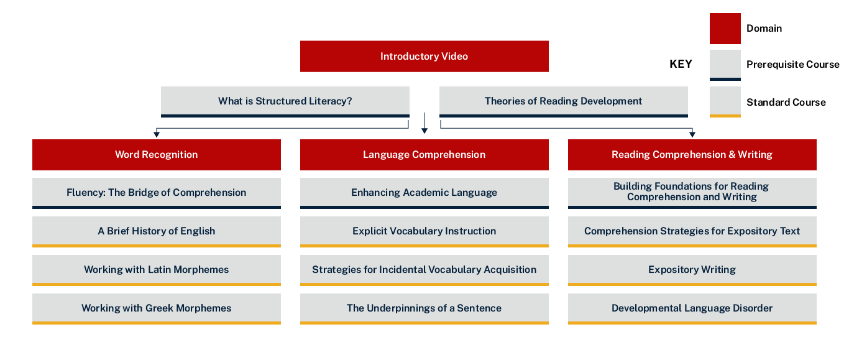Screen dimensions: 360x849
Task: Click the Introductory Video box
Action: [424, 57]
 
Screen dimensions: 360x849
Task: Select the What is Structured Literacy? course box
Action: [285, 101]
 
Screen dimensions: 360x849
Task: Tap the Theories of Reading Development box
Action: [563, 101]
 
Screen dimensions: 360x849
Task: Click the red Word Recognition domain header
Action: [156, 155]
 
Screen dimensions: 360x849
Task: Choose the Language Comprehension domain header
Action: [424, 155]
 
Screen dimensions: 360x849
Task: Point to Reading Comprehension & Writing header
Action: [692, 155]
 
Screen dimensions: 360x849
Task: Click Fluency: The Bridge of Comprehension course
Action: [156, 192]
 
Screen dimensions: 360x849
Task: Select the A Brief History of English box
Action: [156, 231]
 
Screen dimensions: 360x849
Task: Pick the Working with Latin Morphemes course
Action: [156, 269]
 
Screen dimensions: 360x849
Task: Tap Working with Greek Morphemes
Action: [156, 308]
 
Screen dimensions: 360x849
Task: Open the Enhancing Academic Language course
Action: [424, 192]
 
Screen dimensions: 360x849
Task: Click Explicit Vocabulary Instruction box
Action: [424, 231]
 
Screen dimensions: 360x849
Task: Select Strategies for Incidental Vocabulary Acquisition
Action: [424, 269]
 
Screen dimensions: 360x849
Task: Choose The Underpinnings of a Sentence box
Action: [424, 308]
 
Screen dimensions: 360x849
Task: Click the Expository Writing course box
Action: [692, 269]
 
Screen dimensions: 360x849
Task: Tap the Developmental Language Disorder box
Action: [692, 308]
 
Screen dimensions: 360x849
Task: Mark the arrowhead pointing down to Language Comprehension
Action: [424, 131]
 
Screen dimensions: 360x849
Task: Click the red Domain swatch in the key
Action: [725, 29]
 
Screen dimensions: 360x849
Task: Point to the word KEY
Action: [681, 64]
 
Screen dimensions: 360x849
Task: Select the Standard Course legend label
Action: [786, 103]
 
